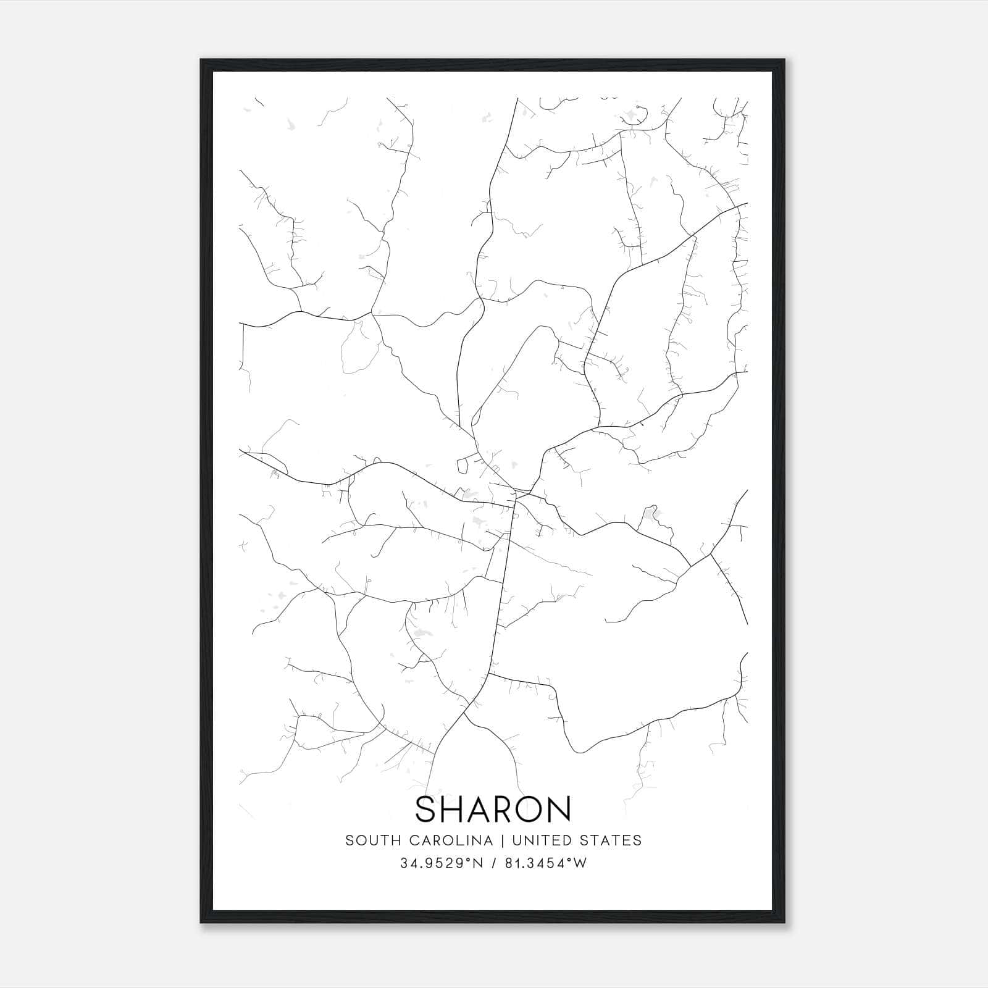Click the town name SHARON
coord(493,809)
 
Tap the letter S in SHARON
coord(427,809)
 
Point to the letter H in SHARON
coord(453,809)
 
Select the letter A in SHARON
coord(481,809)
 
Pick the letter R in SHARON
coord(508,809)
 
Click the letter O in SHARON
coord(532,809)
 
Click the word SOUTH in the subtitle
coord(365,840)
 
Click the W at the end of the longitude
coord(581,863)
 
